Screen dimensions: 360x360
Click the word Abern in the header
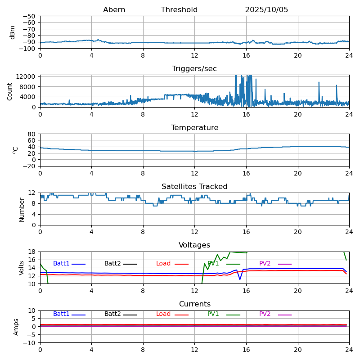pos(114,10)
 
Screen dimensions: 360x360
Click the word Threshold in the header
pos(179,10)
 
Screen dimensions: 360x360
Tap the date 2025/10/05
pos(266,10)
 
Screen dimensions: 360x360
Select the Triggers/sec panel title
pos(194,69)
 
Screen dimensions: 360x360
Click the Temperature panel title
pos(194,128)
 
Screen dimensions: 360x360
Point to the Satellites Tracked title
pos(194,187)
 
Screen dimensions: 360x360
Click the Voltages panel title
pos(194,245)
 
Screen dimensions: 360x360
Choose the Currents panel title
pos(194,304)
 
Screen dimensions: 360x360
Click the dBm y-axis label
pos(13,32)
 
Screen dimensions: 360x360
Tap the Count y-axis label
pos(10,91)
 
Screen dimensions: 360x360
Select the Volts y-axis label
pos(22,268)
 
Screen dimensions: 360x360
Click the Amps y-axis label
pos(16,327)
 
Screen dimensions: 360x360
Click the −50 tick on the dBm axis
pos(30,16)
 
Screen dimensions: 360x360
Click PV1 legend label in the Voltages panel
pos(213,264)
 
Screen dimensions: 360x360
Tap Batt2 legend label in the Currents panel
pos(112,314)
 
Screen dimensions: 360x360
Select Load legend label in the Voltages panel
pos(163,264)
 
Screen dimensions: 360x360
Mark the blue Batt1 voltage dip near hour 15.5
pos(240,279)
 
